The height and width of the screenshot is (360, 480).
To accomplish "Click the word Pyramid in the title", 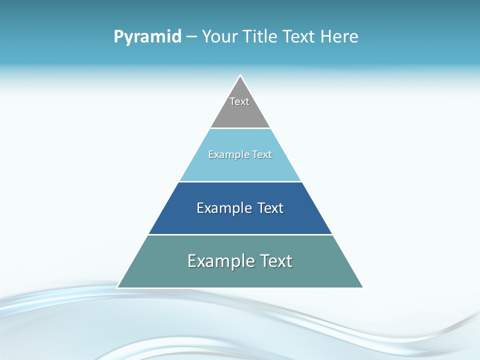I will point(147,37).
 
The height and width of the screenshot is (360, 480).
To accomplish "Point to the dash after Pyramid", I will point(191,37).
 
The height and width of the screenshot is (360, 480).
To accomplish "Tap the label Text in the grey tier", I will point(239,101).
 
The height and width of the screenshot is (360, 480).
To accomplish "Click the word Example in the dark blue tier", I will point(224,208).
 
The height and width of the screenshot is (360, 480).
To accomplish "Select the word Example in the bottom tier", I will point(220,261).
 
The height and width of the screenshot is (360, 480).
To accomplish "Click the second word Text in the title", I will point(300,37).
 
